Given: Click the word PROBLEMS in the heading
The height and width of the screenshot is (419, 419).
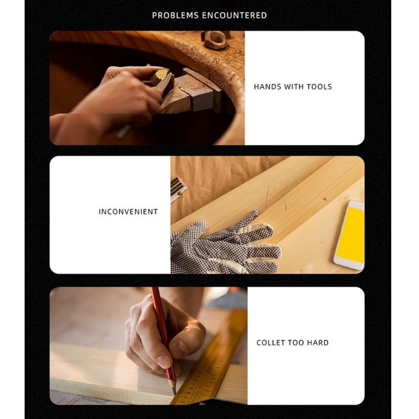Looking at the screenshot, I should click(x=175, y=15).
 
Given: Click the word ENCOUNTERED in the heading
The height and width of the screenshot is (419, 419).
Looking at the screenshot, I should click(x=234, y=15).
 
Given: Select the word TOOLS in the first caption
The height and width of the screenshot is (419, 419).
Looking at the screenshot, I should click(x=319, y=87).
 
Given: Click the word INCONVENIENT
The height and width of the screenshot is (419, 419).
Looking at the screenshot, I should click(x=128, y=212).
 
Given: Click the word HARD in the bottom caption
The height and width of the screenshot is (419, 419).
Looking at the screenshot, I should click(x=318, y=343).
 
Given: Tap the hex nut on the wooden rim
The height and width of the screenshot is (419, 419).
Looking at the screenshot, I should click(x=216, y=40).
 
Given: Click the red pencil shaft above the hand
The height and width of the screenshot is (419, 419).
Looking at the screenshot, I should click(x=158, y=309).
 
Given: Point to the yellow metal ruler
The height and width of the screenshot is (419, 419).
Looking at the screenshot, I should click(x=215, y=361).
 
